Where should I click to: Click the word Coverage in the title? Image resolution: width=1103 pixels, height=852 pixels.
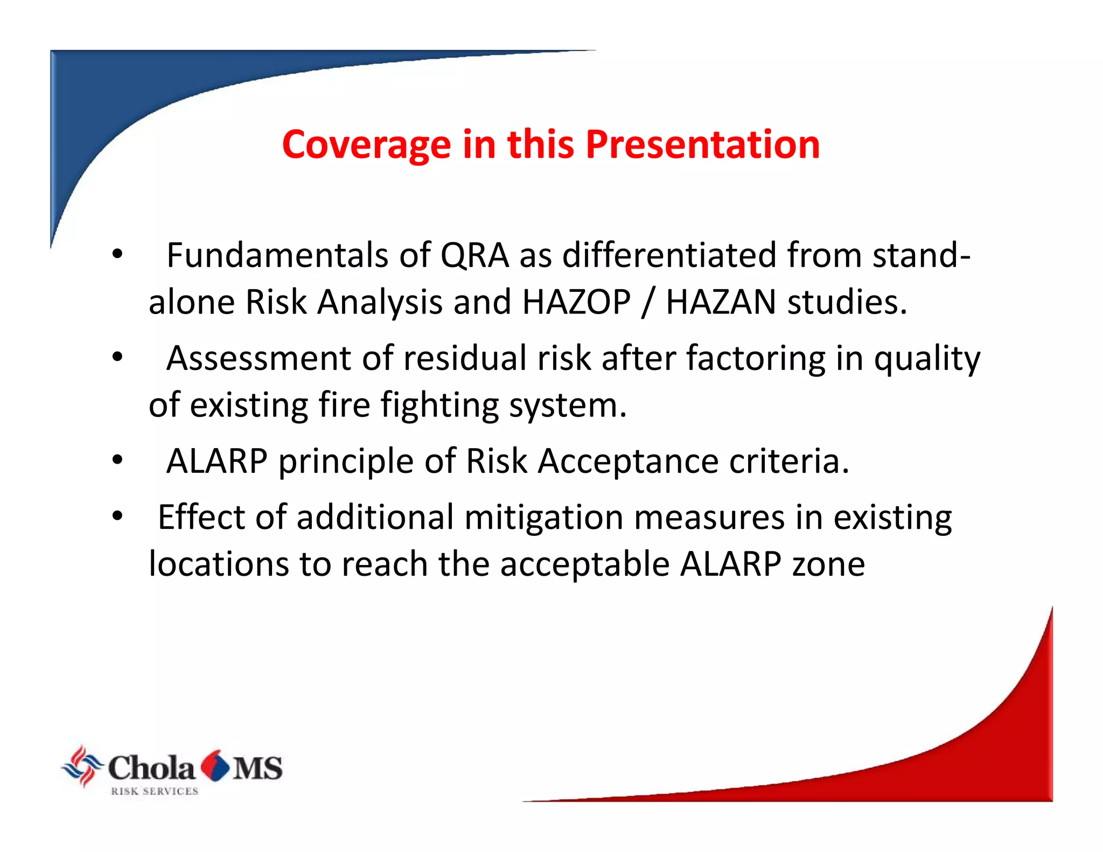click(366, 145)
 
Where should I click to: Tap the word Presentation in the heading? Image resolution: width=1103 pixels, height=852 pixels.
click(702, 145)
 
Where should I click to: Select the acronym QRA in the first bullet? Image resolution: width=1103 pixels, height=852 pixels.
click(474, 255)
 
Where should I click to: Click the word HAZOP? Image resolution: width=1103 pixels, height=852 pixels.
click(576, 302)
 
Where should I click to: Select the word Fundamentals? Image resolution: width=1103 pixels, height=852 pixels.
click(277, 255)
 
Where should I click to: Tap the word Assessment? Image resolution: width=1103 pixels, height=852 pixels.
click(259, 359)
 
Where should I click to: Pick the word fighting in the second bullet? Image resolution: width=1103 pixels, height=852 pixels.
click(439, 406)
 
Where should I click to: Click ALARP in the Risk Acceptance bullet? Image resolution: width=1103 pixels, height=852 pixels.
click(217, 462)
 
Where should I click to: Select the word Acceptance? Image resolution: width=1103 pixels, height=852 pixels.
click(628, 462)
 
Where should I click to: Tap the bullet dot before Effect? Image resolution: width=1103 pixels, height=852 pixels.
click(117, 516)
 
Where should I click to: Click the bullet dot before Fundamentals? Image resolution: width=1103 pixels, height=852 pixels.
click(117, 254)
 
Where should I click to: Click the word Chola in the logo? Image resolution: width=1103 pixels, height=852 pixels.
click(151, 768)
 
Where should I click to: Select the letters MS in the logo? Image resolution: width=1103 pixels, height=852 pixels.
click(257, 768)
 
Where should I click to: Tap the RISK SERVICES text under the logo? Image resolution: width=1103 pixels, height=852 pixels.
click(155, 791)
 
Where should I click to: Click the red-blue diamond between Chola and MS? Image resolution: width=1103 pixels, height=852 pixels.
click(215, 765)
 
